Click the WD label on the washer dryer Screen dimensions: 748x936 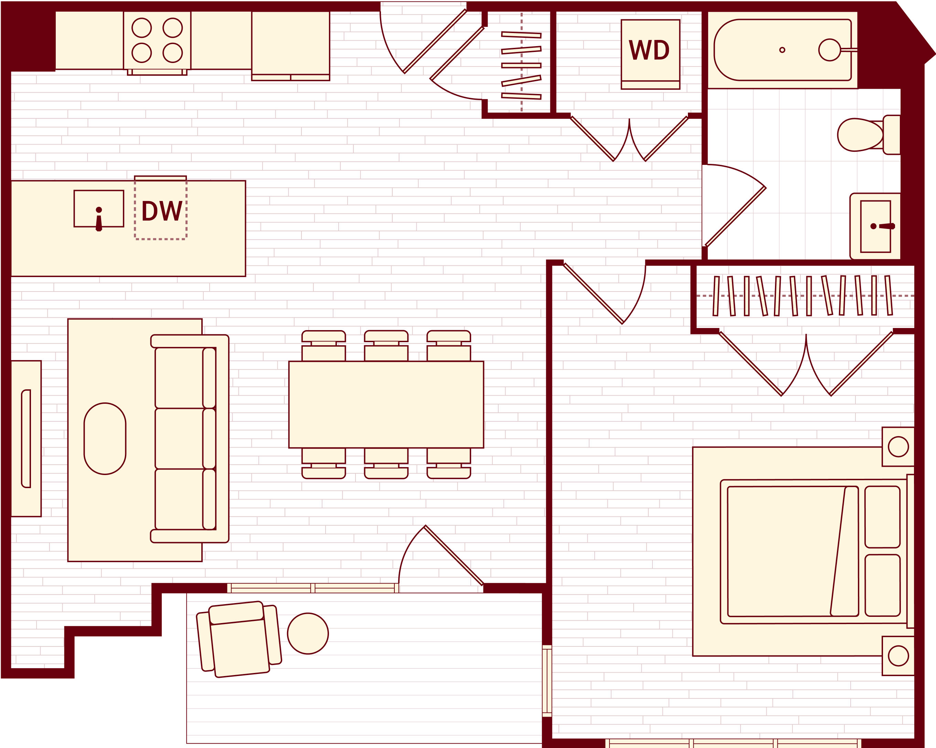[649, 50]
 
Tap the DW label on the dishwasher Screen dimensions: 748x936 [161, 211]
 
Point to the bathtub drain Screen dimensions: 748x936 [782, 50]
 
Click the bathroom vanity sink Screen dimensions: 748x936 [875, 226]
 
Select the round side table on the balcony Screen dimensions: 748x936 [308, 634]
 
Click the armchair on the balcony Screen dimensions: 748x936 [239, 639]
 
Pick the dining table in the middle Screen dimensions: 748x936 [386, 404]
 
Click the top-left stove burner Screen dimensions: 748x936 [141, 28]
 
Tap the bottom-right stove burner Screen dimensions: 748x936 [172, 53]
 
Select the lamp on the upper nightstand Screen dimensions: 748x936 [898, 446]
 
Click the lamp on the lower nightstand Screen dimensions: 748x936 [898, 656]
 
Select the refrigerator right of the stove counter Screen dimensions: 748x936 [290, 43]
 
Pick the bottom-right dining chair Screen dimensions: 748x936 [448, 463]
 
